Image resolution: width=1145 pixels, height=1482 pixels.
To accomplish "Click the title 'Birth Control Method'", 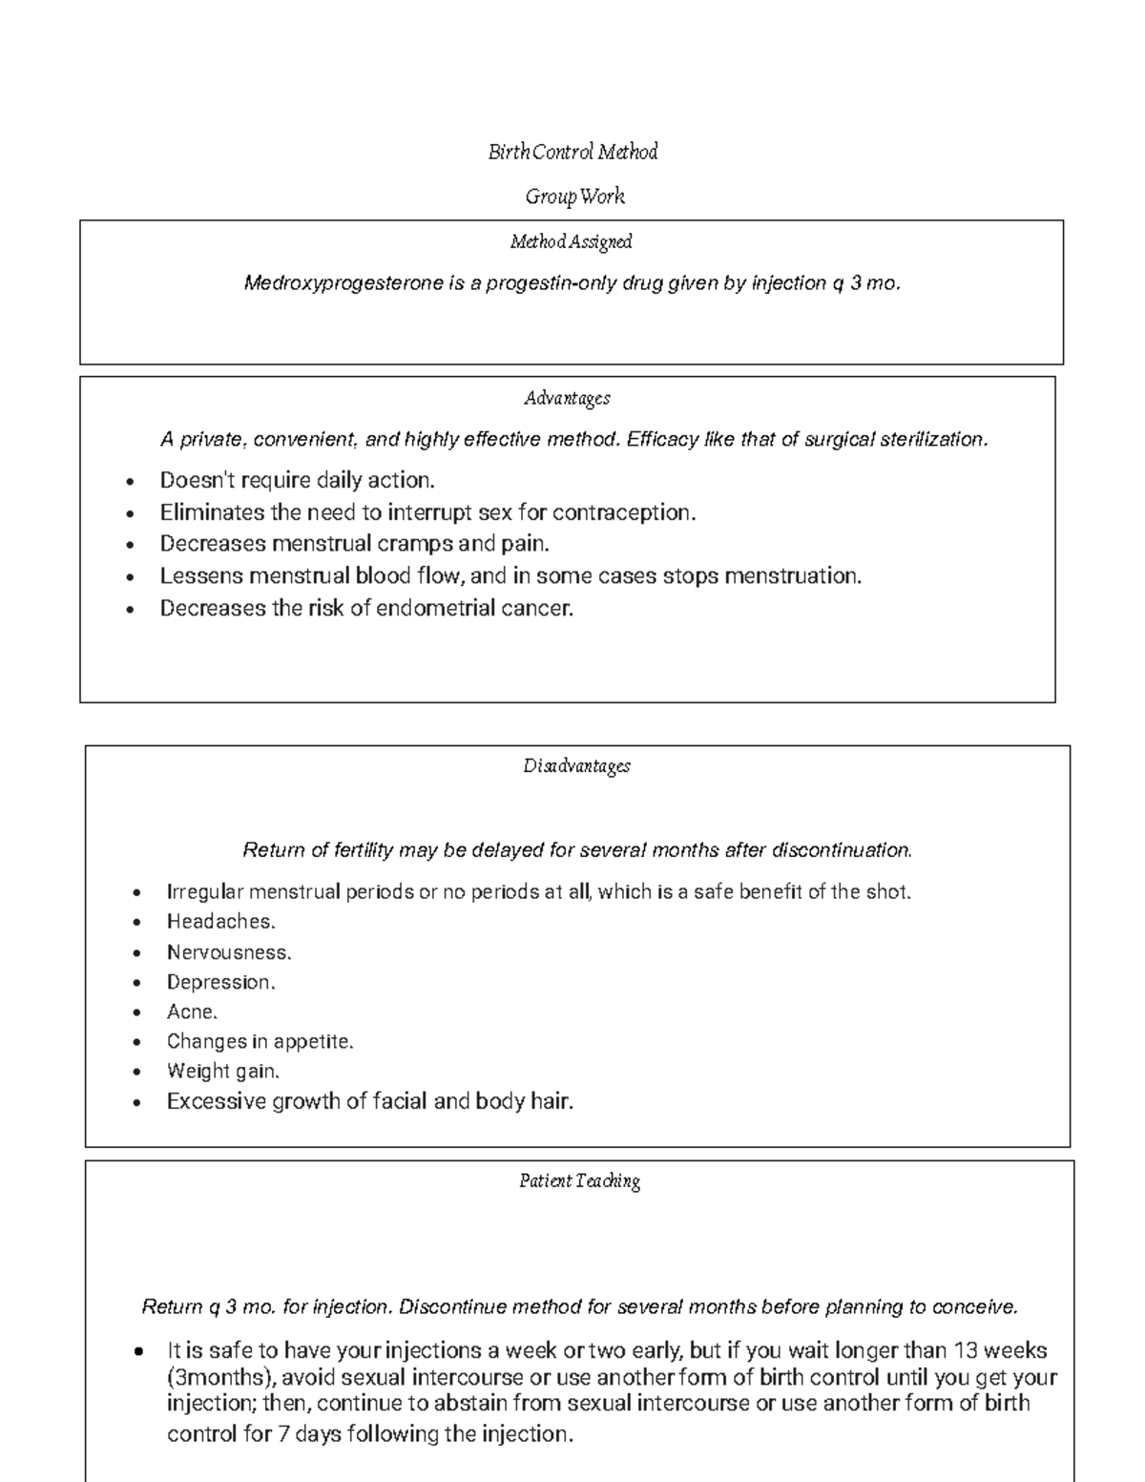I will [x=572, y=152].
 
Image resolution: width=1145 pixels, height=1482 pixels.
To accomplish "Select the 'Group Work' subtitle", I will [x=574, y=197].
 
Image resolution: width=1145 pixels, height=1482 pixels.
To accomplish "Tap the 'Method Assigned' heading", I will [x=571, y=242].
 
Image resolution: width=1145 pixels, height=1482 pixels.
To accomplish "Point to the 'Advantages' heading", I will [x=567, y=399].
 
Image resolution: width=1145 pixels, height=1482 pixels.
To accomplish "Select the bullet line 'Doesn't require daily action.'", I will [x=297, y=480].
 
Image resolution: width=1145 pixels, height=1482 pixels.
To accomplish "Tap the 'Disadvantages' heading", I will [x=576, y=766].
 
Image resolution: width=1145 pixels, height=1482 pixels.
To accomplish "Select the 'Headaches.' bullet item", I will [x=220, y=922].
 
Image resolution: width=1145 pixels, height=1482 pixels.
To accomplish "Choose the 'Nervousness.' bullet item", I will [x=229, y=952].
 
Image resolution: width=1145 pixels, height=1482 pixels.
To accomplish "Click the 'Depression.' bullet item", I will [x=220, y=982].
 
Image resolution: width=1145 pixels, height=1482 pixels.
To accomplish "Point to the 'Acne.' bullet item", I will [x=192, y=1012].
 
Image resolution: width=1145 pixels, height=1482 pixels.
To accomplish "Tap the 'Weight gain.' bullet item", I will [x=223, y=1071].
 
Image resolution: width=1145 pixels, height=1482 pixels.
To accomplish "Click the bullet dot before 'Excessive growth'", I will [x=138, y=1103].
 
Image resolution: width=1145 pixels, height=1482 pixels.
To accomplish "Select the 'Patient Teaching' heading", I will [x=579, y=1181].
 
